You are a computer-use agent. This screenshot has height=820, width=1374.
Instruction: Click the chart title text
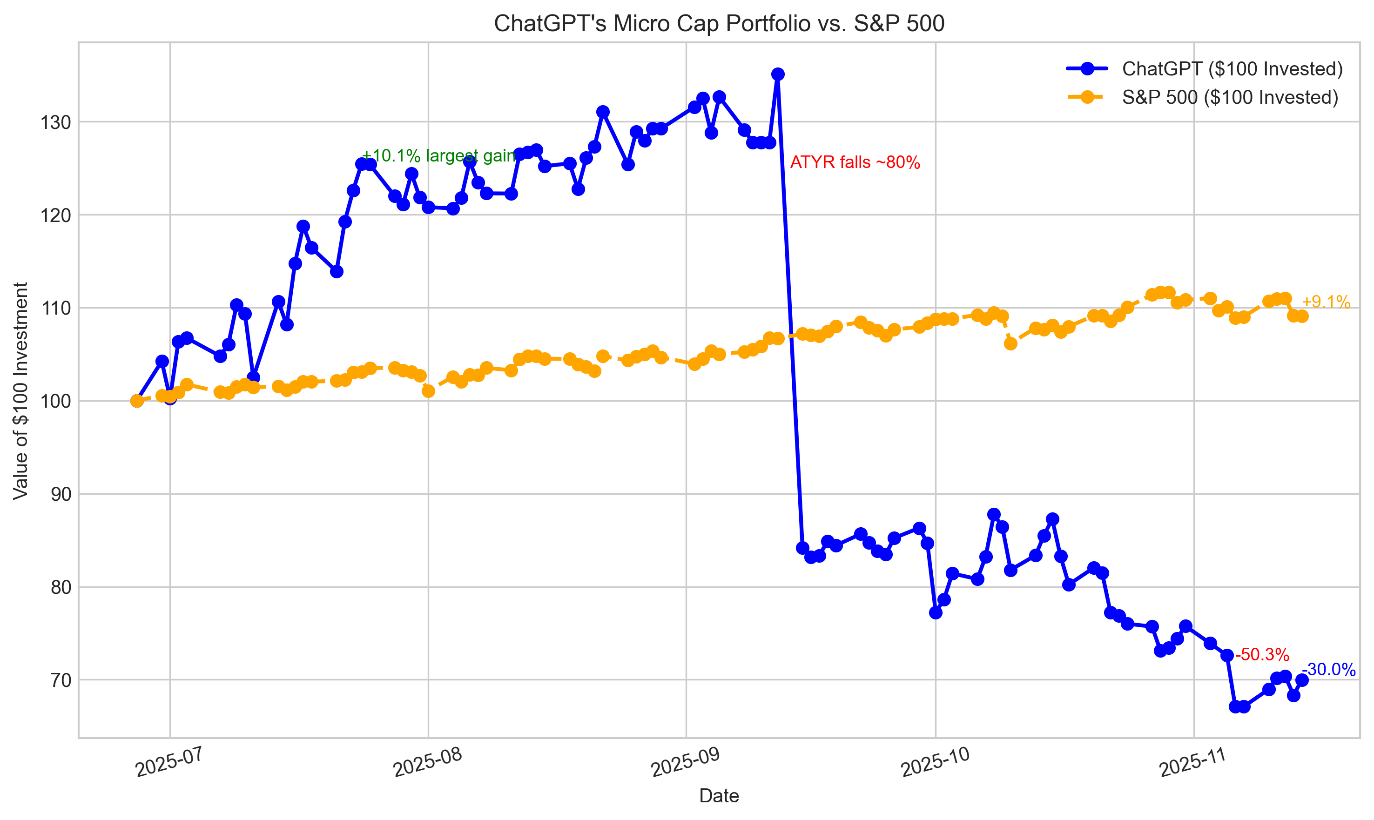(x=719, y=24)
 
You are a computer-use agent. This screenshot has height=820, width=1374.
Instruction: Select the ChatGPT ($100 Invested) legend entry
(x=1232, y=68)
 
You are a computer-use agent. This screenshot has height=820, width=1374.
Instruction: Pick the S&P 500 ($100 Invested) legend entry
(x=1230, y=97)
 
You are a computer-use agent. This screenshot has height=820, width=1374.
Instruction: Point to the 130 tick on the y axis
(x=56, y=122)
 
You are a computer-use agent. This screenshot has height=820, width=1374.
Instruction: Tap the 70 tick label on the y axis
(x=61, y=680)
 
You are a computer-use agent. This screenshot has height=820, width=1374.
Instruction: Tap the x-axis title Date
(x=719, y=796)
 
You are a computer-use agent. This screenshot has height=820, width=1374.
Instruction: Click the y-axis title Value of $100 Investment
(x=20, y=390)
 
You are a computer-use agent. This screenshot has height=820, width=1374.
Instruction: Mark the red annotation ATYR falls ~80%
(x=855, y=162)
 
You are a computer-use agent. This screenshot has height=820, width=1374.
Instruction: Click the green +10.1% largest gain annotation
(x=438, y=156)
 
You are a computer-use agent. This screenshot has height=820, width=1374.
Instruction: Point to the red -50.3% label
(x=1262, y=655)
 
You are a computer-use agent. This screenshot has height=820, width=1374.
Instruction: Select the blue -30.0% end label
(x=1328, y=670)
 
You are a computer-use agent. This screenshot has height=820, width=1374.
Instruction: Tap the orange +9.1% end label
(x=1326, y=302)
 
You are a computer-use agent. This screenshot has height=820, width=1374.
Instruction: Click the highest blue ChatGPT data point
(x=778, y=74)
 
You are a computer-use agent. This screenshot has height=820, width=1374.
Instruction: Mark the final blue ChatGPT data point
(x=1302, y=680)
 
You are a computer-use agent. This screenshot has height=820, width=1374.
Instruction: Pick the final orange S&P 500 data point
(x=1302, y=316)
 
